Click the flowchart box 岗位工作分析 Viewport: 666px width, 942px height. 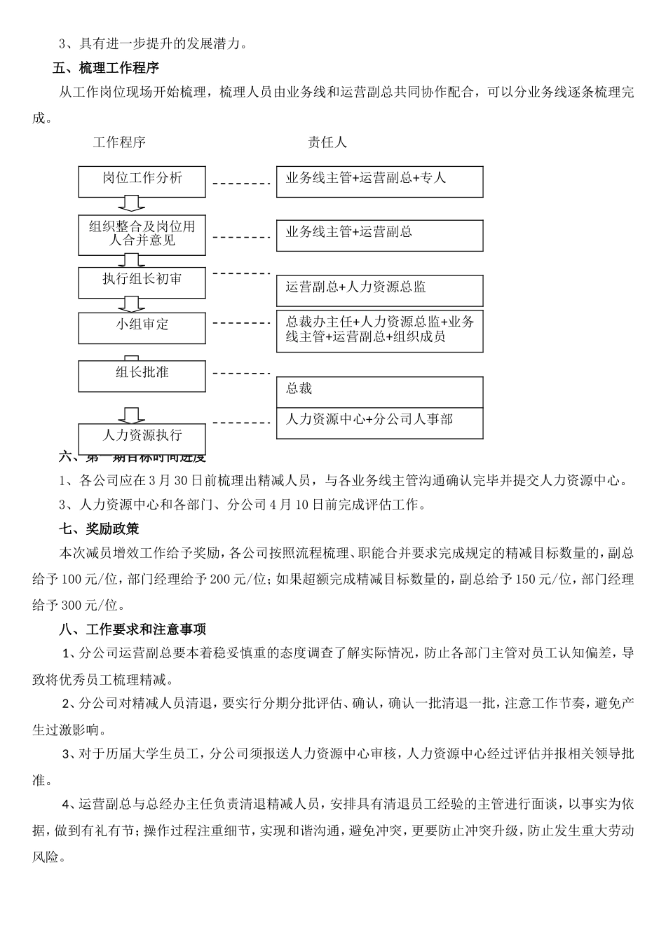coord(142,182)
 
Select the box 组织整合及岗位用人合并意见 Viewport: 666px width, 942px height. coord(142,234)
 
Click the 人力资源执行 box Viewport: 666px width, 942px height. coord(142,439)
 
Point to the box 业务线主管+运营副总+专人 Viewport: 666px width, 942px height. coord(379,182)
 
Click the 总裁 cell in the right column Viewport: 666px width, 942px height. coord(379,392)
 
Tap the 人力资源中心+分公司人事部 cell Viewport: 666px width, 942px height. coord(379,423)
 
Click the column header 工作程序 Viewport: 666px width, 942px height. coord(119,142)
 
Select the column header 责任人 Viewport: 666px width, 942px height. coord(327,142)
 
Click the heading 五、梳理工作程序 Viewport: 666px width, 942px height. coord(106,68)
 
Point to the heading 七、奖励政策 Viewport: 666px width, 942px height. coord(98,528)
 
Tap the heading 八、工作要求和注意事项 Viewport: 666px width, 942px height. coord(132,629)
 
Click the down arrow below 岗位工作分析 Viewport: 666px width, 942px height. coord(131,204)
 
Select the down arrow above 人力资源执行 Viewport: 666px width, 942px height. coord(131,416)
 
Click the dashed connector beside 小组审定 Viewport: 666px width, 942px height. coord(241,324)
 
